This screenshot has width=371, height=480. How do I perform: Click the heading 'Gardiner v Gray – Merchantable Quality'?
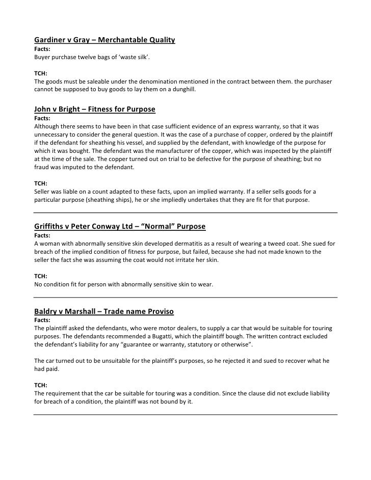(104, 40)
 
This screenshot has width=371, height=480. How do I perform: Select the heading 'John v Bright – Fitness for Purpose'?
(94, 110)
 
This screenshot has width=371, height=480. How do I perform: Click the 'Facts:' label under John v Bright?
(42, 118)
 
